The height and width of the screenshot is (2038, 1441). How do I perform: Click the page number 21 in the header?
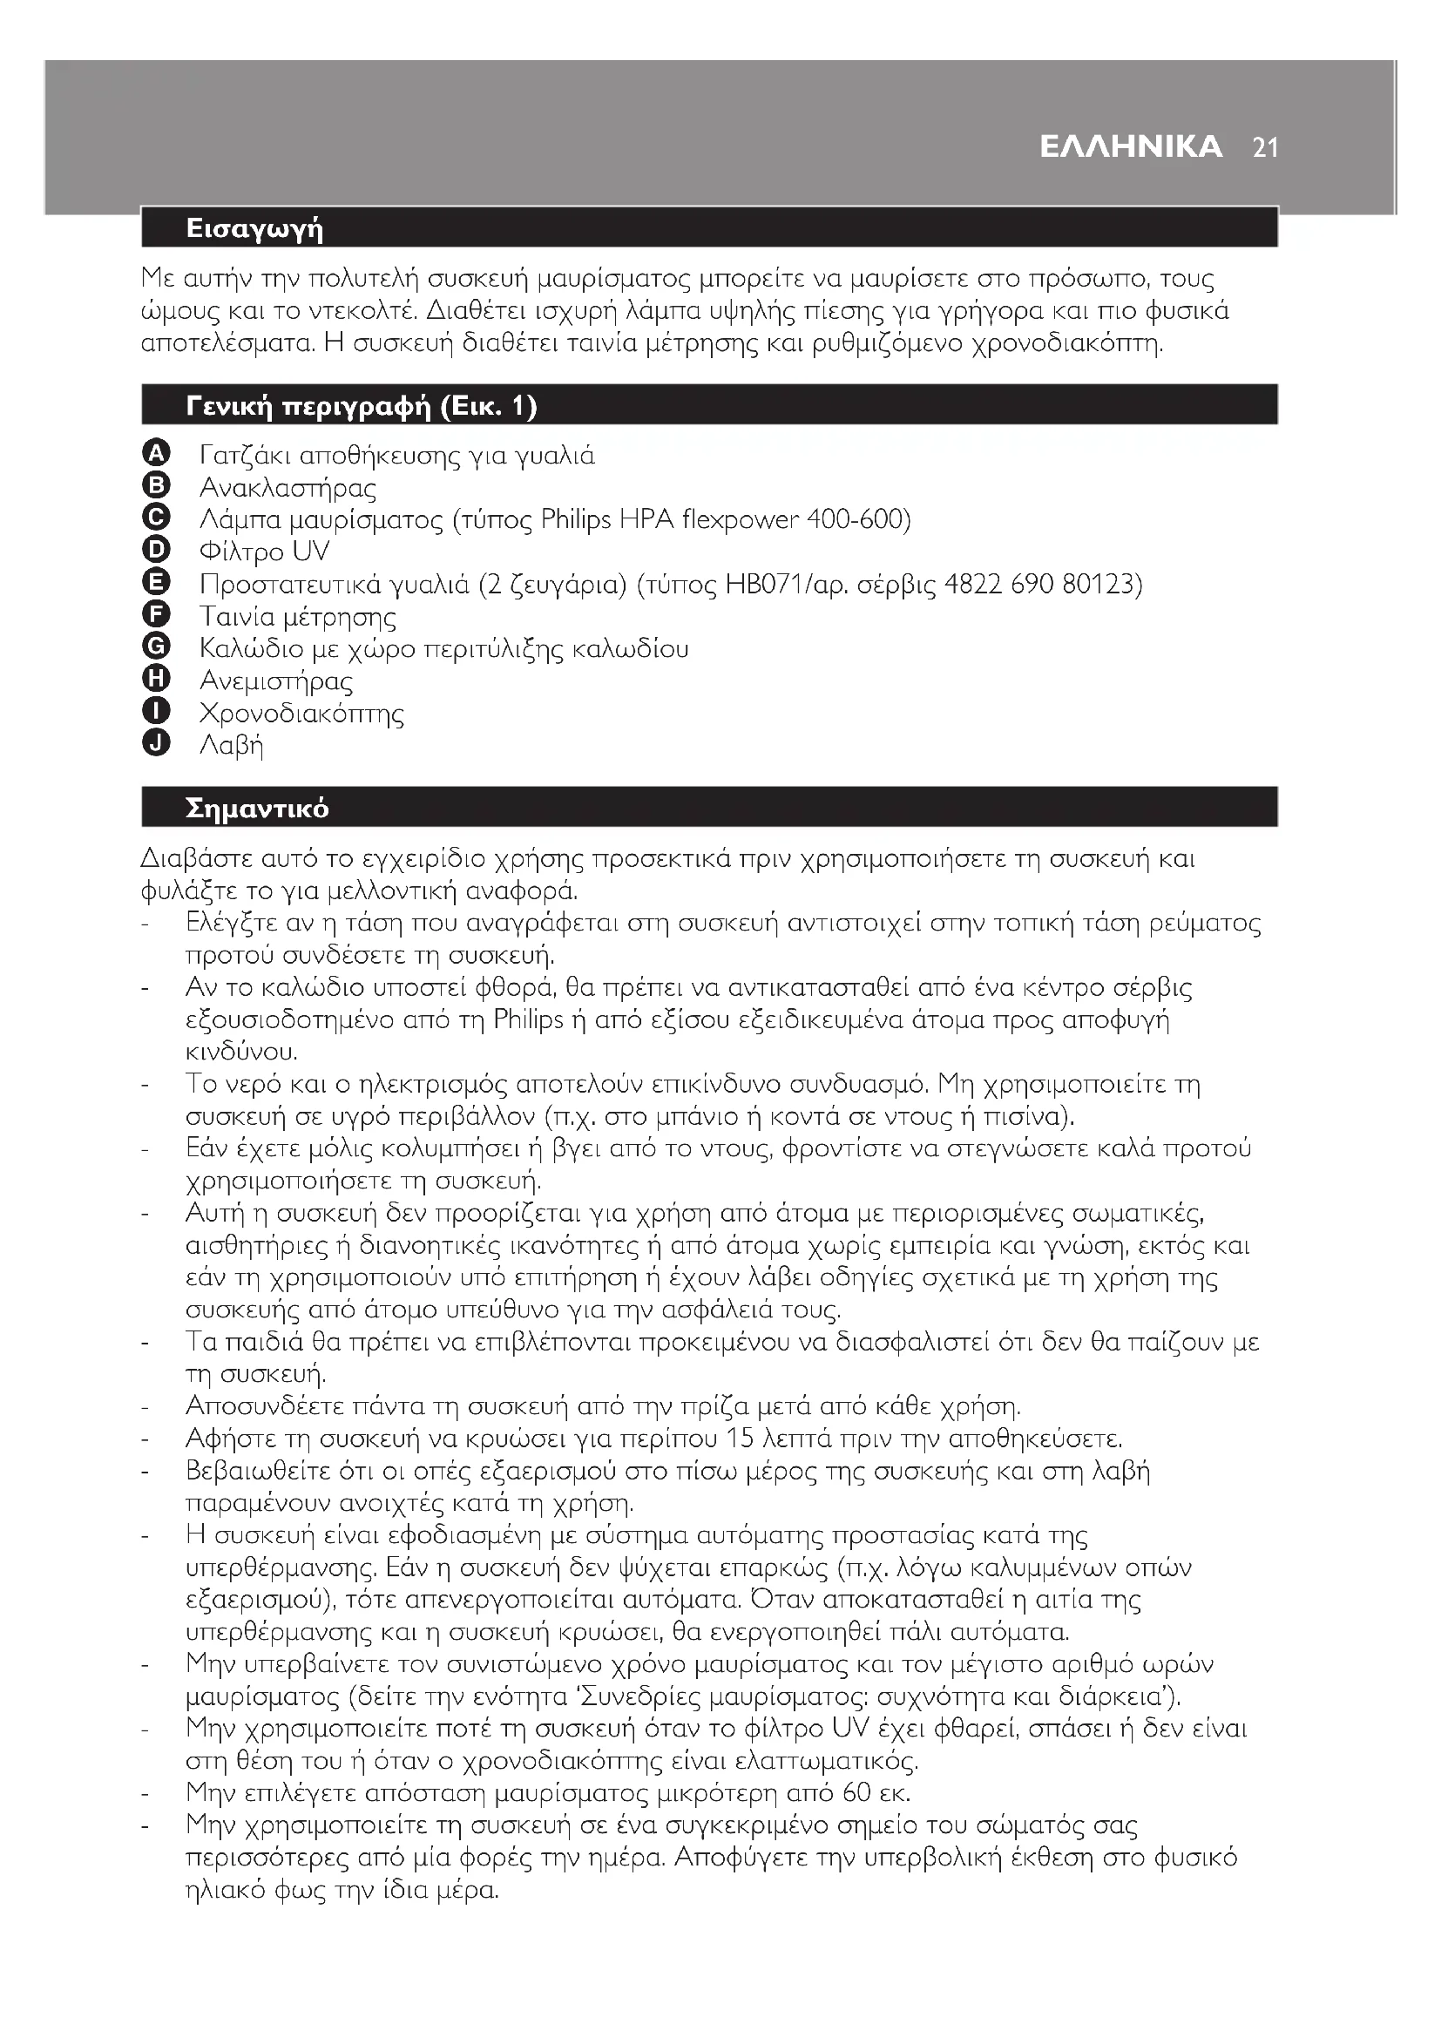coord(1265,147)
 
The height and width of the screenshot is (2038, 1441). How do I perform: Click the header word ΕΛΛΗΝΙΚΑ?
coord(1131,146)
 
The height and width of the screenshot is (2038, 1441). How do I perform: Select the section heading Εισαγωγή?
coord(254,229)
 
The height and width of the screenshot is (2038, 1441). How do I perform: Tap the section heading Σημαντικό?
coord(257,808)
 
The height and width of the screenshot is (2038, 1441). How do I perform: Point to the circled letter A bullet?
coord(155,454)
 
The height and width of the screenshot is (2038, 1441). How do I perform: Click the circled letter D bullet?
coord(155,551)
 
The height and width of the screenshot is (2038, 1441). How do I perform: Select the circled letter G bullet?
coord(155,647)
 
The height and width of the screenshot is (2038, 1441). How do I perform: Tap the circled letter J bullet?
coord(155,743)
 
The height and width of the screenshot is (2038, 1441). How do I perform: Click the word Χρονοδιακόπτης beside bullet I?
coord(301,714)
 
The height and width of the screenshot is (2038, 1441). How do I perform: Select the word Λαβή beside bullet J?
coord(232,746)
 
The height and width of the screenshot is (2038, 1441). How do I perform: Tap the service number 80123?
coord(1100,584)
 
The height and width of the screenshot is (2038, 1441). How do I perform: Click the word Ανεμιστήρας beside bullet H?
coord(276,681)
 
